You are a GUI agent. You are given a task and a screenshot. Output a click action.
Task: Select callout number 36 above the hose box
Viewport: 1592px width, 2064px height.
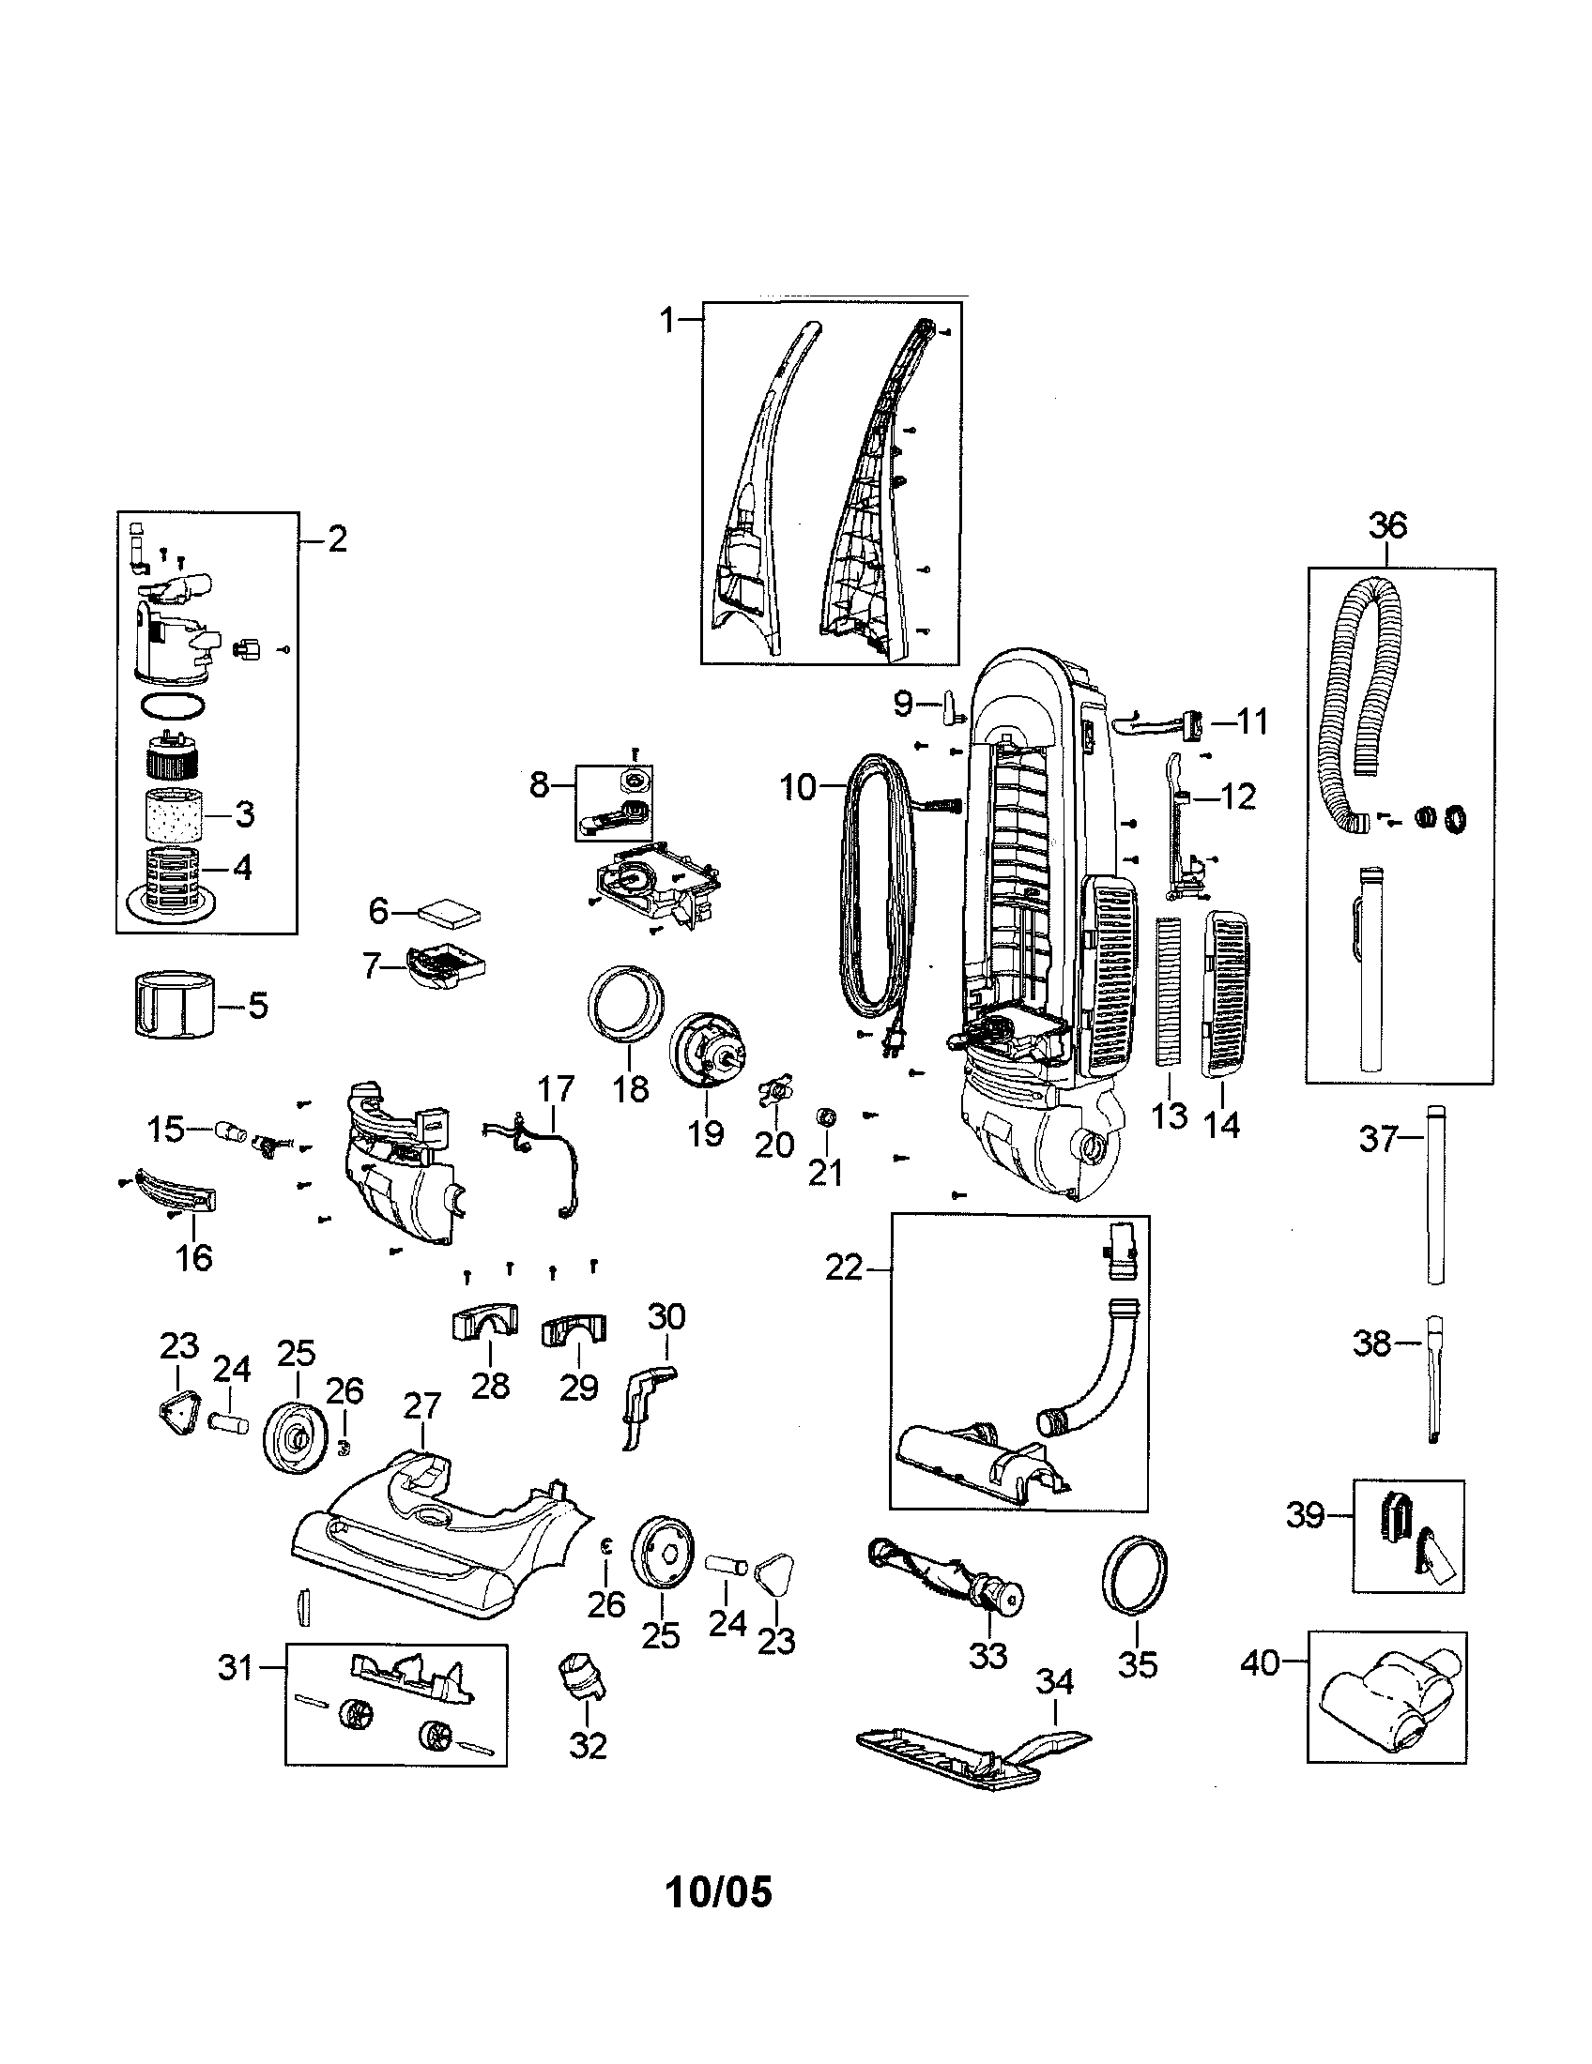pyautogui.click(x=1386, y=525)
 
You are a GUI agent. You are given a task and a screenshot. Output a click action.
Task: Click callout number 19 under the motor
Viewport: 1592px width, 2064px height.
pyautogui.click(x=705, y=1132)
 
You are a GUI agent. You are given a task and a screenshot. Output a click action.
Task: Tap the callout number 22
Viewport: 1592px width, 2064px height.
pyautogui.click(x=843, y=1268)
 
